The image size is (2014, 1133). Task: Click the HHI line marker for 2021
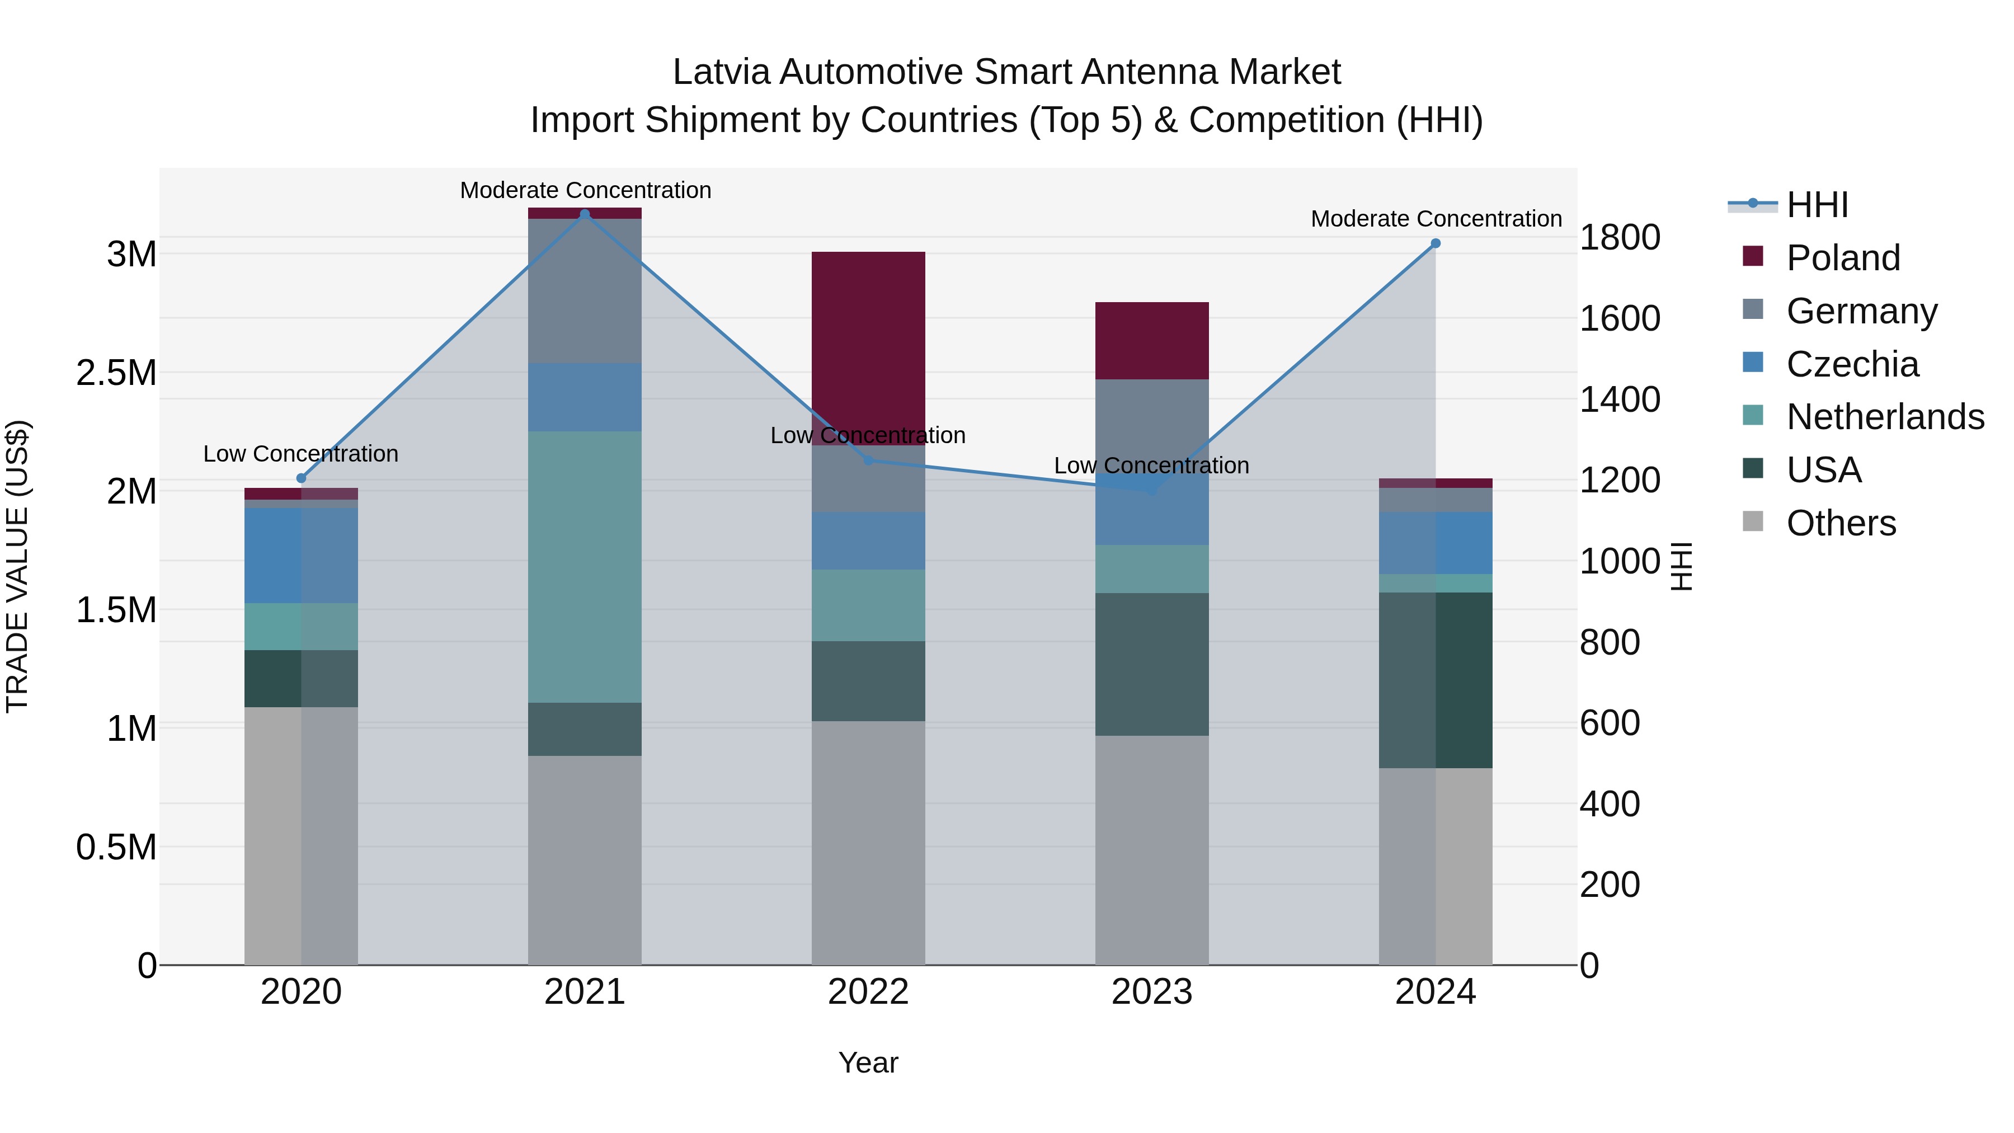click(x=585, y=214)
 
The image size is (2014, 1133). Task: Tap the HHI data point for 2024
click(x=1436, y=243)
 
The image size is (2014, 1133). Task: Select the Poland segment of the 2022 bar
click(x=868, y=348)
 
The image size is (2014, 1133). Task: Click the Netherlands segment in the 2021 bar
click(x=585, y=567)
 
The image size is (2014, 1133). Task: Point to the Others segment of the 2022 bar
click(x=868, y=843)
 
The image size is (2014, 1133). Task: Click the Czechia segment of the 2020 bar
click(x=301, y=555)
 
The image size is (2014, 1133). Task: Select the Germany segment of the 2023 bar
click(x=1152, y=426)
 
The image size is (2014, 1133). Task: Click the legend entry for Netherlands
click(x=1884, y=417)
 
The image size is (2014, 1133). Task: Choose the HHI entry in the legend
click(x=1816, y=205)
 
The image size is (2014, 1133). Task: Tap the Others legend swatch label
click(x=1841, y=523)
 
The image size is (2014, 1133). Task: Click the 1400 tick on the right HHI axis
click(x=1619, y=399)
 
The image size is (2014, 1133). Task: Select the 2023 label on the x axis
click(x=1152, y=992)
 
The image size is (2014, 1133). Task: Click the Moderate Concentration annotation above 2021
click(x=585, y=190)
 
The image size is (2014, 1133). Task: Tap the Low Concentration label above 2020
click(x=301, y=454)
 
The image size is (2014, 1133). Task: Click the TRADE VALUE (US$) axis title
click(x=17, y=566)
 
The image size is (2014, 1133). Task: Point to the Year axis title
click(x=868, y=1063)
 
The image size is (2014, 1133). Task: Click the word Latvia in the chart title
click(x=721, y=72)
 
